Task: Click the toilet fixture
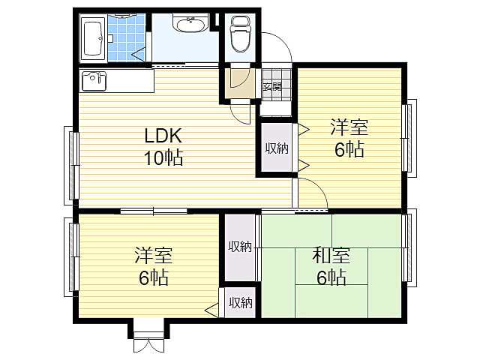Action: pos(240,34)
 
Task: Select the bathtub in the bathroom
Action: pos(93,38)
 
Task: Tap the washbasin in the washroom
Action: pos(190,22)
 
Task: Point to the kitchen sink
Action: pos(94,81)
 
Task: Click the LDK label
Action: pos(163,136)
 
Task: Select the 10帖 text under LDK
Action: pos(163,158)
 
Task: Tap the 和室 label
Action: pos(331,256)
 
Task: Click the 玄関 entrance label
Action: pos(272,87)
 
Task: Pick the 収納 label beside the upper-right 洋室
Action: pos(277,148)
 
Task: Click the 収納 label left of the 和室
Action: pos(240,247)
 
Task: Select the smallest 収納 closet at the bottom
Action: pos(240,302)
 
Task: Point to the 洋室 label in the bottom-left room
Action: pos(153,255)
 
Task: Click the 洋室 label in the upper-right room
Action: pos(349,127)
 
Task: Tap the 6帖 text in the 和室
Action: pos(331,277)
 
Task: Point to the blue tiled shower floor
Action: pos(127,37)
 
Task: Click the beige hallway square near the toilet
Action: pos(240,83)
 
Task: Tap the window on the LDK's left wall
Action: pos(72,165)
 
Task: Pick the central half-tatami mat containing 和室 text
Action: pos(331,266)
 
